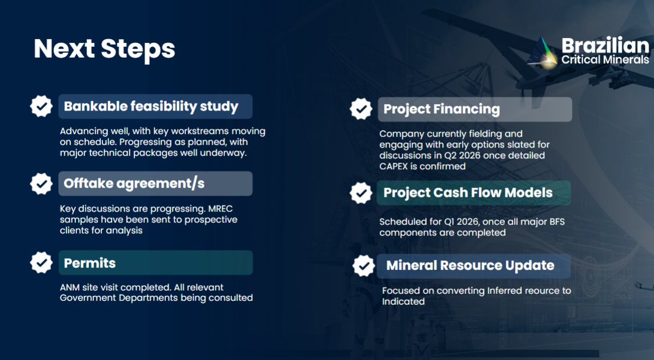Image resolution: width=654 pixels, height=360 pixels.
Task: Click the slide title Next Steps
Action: tap(104, 48)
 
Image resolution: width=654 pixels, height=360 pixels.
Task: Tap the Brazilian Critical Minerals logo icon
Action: tap(542, 53)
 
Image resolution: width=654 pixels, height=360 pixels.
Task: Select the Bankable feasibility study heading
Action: tap(151, 106)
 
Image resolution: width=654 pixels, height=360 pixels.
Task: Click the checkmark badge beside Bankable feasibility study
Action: tap(41, 106)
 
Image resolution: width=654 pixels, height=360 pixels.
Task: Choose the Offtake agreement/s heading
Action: tap(134, 184)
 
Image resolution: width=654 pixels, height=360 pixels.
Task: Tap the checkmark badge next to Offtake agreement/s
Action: tap(41, 184)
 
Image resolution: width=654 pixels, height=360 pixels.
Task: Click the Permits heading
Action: tap(90, 263)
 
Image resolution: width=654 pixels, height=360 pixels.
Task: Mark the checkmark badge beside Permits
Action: tap(41, 263)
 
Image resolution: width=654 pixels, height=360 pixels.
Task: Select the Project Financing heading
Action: tap(441, 109)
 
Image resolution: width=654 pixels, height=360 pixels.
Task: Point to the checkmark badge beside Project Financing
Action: tap(361, 109)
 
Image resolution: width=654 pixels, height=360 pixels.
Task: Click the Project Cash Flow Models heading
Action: tap(468, 193)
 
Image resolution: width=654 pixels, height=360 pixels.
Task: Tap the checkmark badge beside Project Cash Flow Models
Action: tap(361, 193)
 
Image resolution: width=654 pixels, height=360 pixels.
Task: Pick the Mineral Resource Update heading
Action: tap(470, 266)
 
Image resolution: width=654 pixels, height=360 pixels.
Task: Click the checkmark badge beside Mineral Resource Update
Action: tap(364, 266)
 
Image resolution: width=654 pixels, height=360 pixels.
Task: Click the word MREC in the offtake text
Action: tap(224, 209)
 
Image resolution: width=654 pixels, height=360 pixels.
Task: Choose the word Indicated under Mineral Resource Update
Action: tap(403, 301)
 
